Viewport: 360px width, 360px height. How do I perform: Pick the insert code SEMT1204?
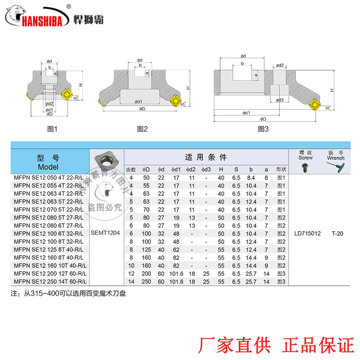(107, 234)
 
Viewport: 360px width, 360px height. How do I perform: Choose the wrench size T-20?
(337, 234)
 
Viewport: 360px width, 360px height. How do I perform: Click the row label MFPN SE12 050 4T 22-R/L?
(49, 177)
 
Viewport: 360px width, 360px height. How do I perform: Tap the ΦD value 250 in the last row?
(146, 281)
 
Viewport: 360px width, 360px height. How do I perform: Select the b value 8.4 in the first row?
(251, 177)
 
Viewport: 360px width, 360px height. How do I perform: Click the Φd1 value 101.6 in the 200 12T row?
(176, 273)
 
